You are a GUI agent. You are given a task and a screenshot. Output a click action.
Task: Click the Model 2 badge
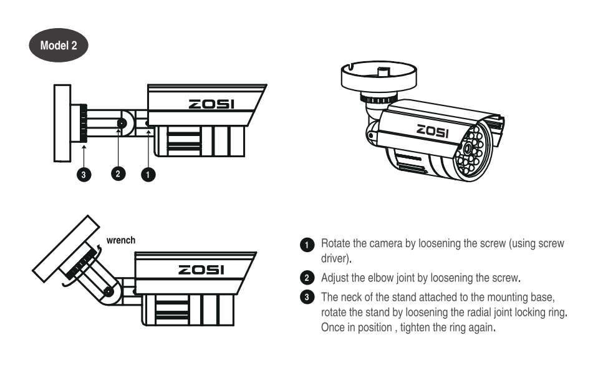tap(59, 46)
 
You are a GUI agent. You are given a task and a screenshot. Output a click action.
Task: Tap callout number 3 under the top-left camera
tap(84, 175)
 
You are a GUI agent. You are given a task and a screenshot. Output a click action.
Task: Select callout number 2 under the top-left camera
tap(118, 174)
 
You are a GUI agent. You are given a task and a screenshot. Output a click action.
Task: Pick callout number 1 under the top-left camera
tap(148, 175)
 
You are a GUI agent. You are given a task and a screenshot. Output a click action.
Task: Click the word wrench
tap(121, 240)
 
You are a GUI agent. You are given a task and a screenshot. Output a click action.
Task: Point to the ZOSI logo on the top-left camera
tap(211, 104)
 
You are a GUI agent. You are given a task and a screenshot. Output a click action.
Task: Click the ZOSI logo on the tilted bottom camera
tap(201, 270)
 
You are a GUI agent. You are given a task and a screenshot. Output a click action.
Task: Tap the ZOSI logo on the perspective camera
tap(433, 131)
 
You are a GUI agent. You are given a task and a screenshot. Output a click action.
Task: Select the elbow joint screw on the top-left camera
tap(122, 124)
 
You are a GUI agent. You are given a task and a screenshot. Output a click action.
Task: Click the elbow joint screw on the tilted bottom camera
tap(109, 292)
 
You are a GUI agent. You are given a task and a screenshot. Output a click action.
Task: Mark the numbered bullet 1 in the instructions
tap(307, 245)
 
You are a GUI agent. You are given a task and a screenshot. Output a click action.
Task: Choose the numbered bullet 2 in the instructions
tap(307, 278)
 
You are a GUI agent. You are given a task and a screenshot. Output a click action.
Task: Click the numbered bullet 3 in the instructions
tap(307, 297)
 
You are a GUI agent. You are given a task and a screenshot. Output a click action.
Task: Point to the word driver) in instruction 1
tap(336, 258)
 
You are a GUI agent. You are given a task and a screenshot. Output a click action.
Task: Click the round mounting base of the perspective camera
tap(379, 77)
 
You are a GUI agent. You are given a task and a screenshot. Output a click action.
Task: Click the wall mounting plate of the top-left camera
tap(62, 124)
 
